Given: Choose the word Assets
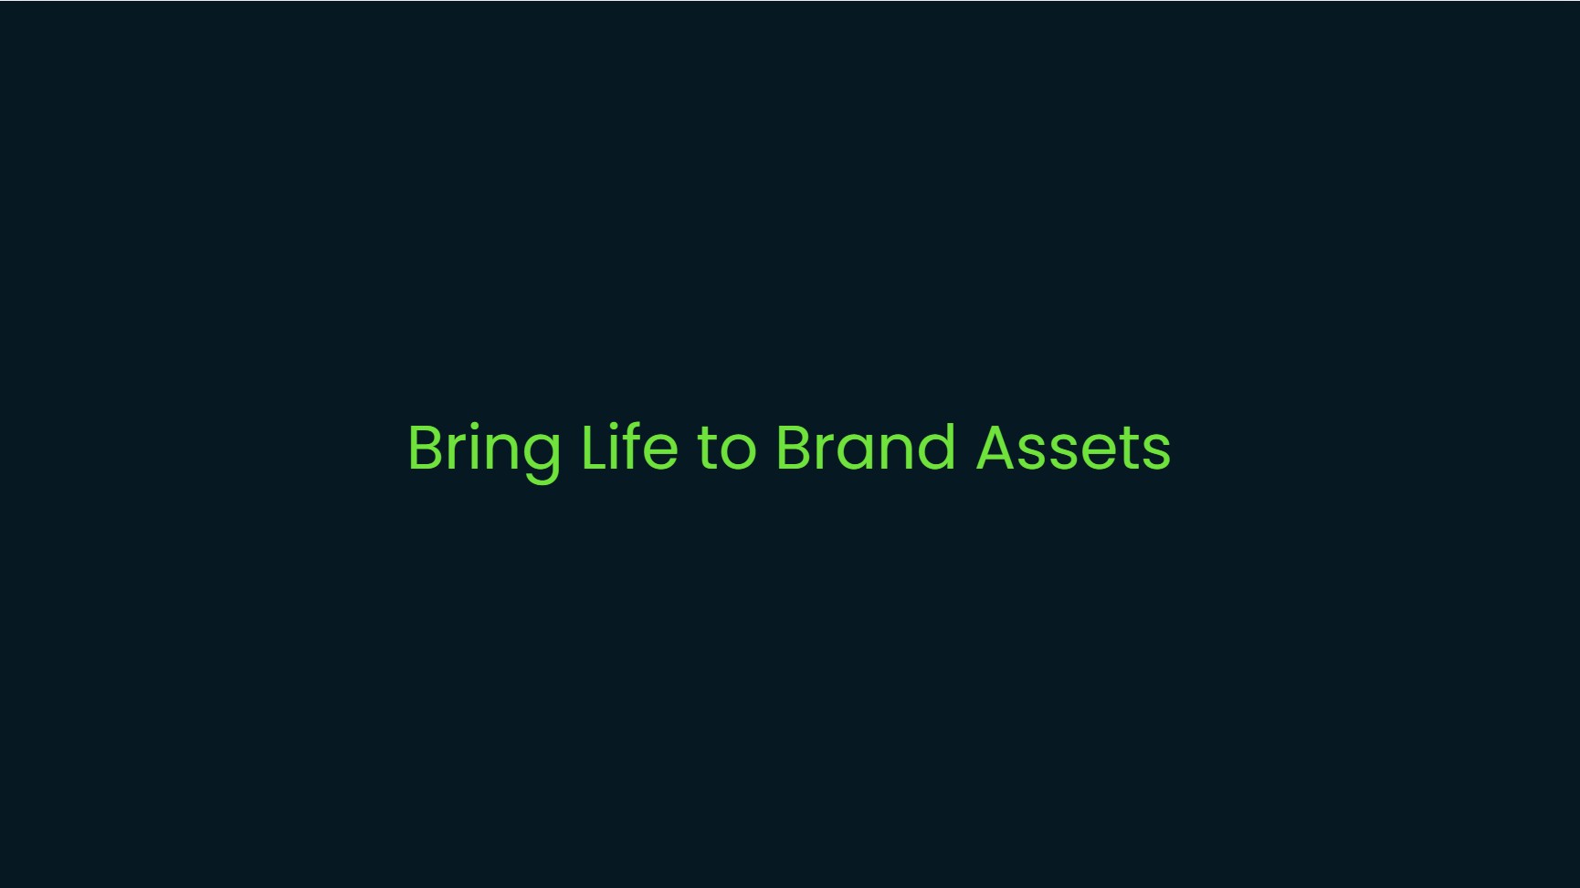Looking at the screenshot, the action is (1073, 447).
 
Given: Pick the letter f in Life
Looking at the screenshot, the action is (635, 446).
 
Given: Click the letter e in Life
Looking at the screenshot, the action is (662, 452).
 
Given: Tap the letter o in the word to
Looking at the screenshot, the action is (739, 452).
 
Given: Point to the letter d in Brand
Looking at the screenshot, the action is (936, 447).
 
